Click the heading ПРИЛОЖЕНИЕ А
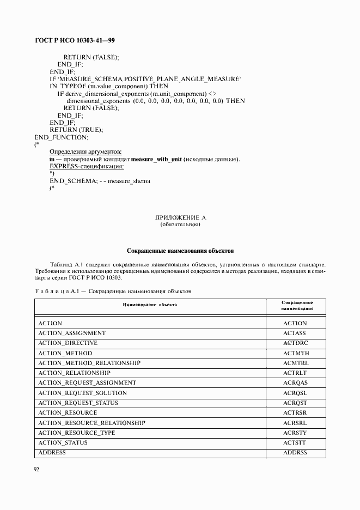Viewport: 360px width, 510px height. (x=181, y=218)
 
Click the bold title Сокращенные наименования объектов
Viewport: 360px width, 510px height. (x=180, y=251)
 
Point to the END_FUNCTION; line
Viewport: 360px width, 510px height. (x=61, y=137)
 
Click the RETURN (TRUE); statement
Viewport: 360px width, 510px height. (x=76, y=130)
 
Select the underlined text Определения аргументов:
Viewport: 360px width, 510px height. (x=86, y=151)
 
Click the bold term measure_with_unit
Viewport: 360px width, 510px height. (x=156, y=159)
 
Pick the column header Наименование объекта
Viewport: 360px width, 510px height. (x=150, y=305)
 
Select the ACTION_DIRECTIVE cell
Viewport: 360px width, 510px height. (x=68, y=343)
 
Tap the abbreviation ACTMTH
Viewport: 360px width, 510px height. (x=296, y=354)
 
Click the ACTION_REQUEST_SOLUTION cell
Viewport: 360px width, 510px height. (x=83, y=393)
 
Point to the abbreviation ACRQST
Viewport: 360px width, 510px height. (x=296, y=403)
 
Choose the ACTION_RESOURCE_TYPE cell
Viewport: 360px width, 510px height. (x=77, y=433)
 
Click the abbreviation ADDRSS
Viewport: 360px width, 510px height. (x=296, y=453)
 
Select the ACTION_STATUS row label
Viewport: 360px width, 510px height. (x=63, y=442)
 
